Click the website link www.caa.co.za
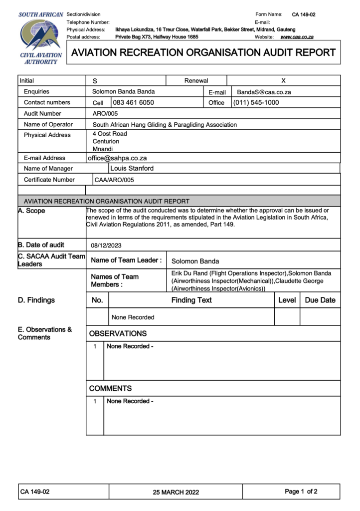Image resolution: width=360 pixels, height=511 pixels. tap(297, 37)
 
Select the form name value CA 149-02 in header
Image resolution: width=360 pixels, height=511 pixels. tap(303, 14)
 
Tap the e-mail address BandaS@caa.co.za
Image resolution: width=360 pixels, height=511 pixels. tap(264, 92)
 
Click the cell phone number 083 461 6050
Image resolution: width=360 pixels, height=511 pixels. tap(133, 103)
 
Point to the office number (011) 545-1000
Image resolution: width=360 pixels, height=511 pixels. tap(256, 103)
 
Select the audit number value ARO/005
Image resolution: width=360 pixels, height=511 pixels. tap(105, 114)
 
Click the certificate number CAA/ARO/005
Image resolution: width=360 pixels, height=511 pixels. tap(114, 180)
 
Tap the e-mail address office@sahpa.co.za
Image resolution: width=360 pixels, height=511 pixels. tap(117, 158)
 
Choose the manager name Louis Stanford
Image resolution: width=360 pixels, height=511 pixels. tap(132, 169)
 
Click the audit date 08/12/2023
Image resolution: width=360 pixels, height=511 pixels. tap(106, 246)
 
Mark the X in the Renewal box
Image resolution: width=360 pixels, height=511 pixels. tap(283, 80)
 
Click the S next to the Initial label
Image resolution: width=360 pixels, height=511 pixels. tap(95, 81)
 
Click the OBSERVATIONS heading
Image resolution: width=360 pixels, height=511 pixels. tap(118, 333)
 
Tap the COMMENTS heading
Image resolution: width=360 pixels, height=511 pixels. tap(110, 388)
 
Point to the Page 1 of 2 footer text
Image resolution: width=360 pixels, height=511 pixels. tap(301, 492)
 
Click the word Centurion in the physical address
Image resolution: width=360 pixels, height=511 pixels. tap(106, 142)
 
